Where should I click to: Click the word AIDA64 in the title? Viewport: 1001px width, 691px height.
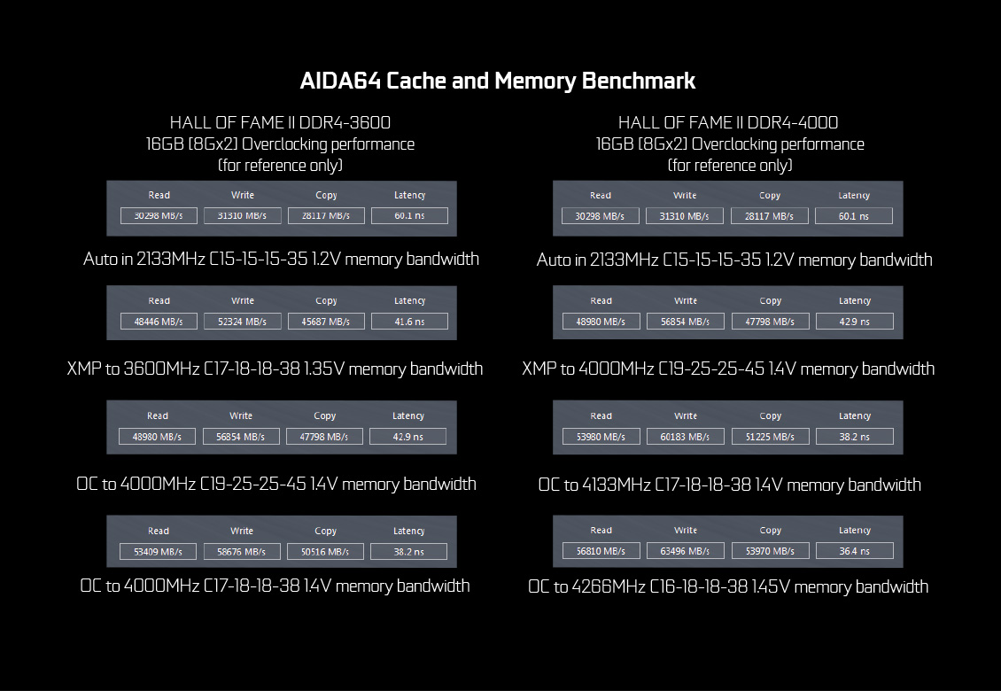tap(340, 82)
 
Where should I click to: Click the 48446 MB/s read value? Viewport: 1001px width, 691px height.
tap(159, 322)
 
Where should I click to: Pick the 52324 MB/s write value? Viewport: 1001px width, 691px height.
tap(242, 322)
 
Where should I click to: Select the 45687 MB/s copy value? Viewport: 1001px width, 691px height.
tap(326, 322)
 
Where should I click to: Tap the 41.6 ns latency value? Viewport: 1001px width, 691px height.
tap(409, 322)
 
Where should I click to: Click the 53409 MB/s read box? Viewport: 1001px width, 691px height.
tap(158, 551)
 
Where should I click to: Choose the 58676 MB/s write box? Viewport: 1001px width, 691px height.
tap(241, 551)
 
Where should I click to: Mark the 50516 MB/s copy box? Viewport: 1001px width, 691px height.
tap(325, 551)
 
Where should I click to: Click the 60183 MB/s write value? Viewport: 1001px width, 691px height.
tap(685, 437)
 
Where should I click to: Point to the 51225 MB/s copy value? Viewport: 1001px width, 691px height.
tap(770, 437)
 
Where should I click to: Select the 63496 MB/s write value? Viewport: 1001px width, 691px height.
tap(685, 550)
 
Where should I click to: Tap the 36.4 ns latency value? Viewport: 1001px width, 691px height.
tap(854, 550)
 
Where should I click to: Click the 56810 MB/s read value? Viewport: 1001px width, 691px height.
tap(601, 550)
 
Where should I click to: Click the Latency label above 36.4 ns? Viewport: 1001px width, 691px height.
tap(854, 530)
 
